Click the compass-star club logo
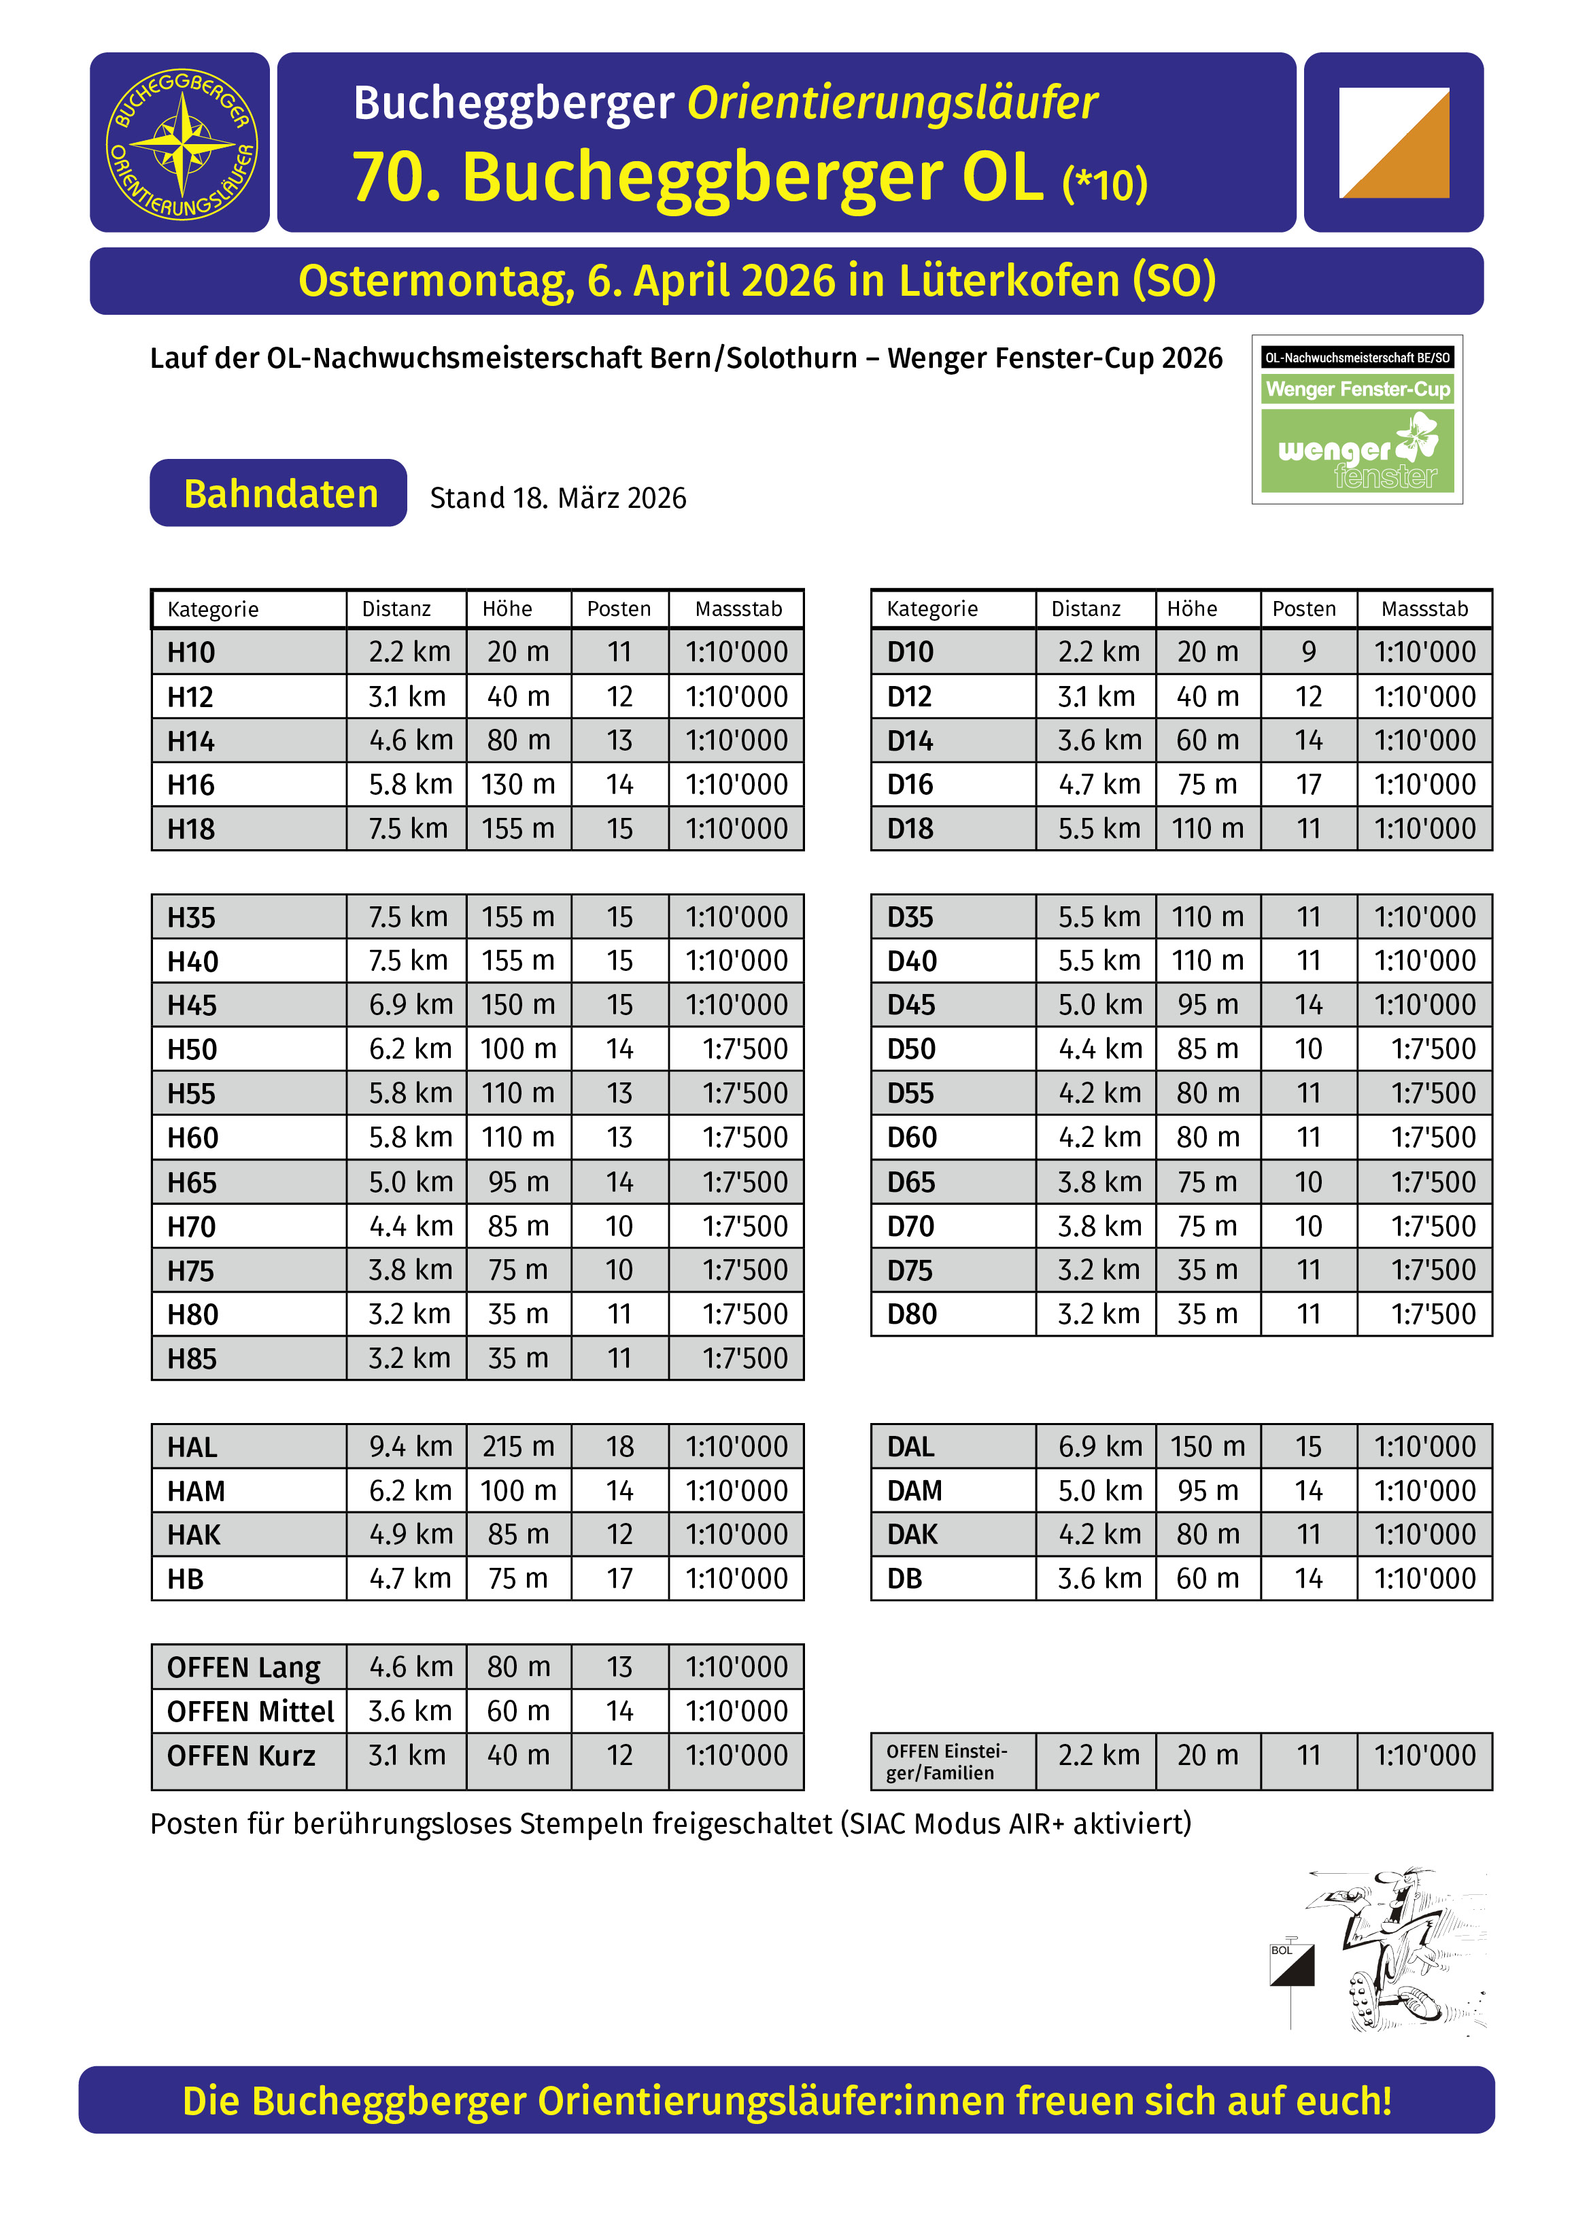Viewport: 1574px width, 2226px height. [x=180, y=143]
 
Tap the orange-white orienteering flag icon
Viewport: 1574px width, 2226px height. [x=1394, y=143]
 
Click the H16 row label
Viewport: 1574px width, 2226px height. [x=191, y=785]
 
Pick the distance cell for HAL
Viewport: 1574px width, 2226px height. [x=409, y=1447]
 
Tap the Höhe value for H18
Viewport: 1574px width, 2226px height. [x=518, y=829]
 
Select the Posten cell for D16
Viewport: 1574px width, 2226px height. [x=1308, y=785]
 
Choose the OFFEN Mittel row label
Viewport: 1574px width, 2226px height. [x=250, y=1711]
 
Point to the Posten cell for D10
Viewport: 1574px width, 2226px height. [x=1308, y=651]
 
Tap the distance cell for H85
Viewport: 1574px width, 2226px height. [x=409, y=1358]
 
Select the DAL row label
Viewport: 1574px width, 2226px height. [x=910, y=1447]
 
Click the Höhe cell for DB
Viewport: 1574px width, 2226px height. [x=1208, y=1578]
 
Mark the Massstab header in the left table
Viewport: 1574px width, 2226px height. [x=738, y=609]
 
